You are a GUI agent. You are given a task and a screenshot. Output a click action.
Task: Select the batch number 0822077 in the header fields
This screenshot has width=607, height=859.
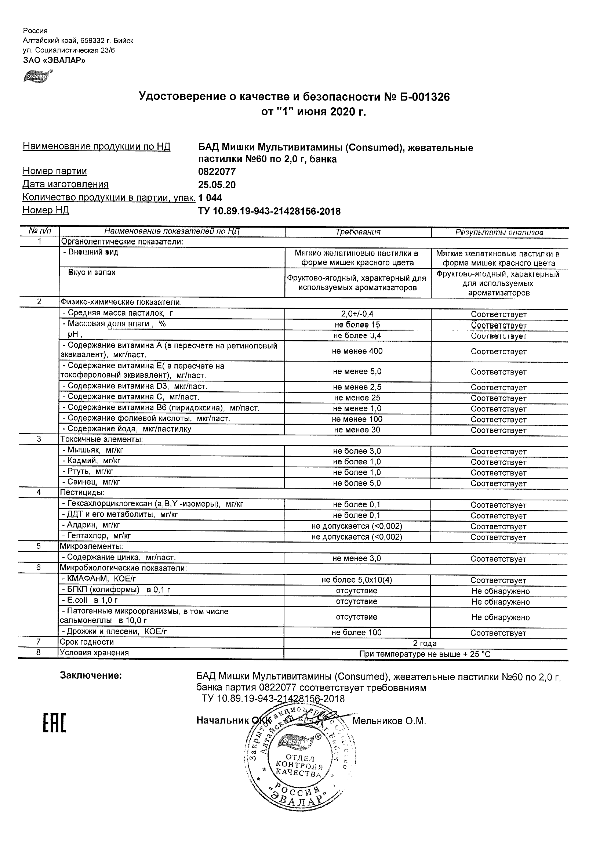(217, 172)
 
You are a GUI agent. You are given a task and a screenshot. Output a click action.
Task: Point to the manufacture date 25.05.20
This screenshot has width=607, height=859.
(217, 185)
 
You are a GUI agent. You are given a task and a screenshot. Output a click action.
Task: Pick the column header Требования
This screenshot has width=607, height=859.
(358, 232)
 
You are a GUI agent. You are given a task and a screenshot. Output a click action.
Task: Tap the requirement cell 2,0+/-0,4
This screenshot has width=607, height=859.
(357, 314)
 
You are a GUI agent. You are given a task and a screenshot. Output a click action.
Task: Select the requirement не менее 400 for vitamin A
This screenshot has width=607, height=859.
(357, 351)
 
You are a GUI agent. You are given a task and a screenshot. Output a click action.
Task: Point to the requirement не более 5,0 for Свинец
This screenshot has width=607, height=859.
(357, 483)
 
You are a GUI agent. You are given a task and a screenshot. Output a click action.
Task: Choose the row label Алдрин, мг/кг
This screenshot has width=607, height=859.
(91, 525)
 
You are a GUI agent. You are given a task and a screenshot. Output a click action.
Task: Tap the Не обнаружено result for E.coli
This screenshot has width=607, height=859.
(501, 602)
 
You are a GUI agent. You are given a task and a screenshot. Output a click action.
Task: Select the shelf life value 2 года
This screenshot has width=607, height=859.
(425, 644)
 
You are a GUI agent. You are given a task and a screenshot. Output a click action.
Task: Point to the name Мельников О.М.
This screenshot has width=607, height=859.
(389, 721)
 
